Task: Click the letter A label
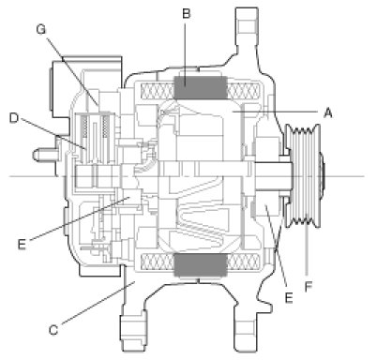(x=327, y=112)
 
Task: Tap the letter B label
(x=186, y=13)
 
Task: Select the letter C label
(x=53, y=330)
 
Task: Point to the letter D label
(x=14, y=118)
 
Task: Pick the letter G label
(x=41, y=29)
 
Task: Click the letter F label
(x=309, y=287)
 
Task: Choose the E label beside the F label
(x=289, y=298)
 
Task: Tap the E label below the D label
(x=22, y=244)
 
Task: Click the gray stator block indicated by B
(x=201, y=87)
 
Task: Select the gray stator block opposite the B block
(x=201, y=265)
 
